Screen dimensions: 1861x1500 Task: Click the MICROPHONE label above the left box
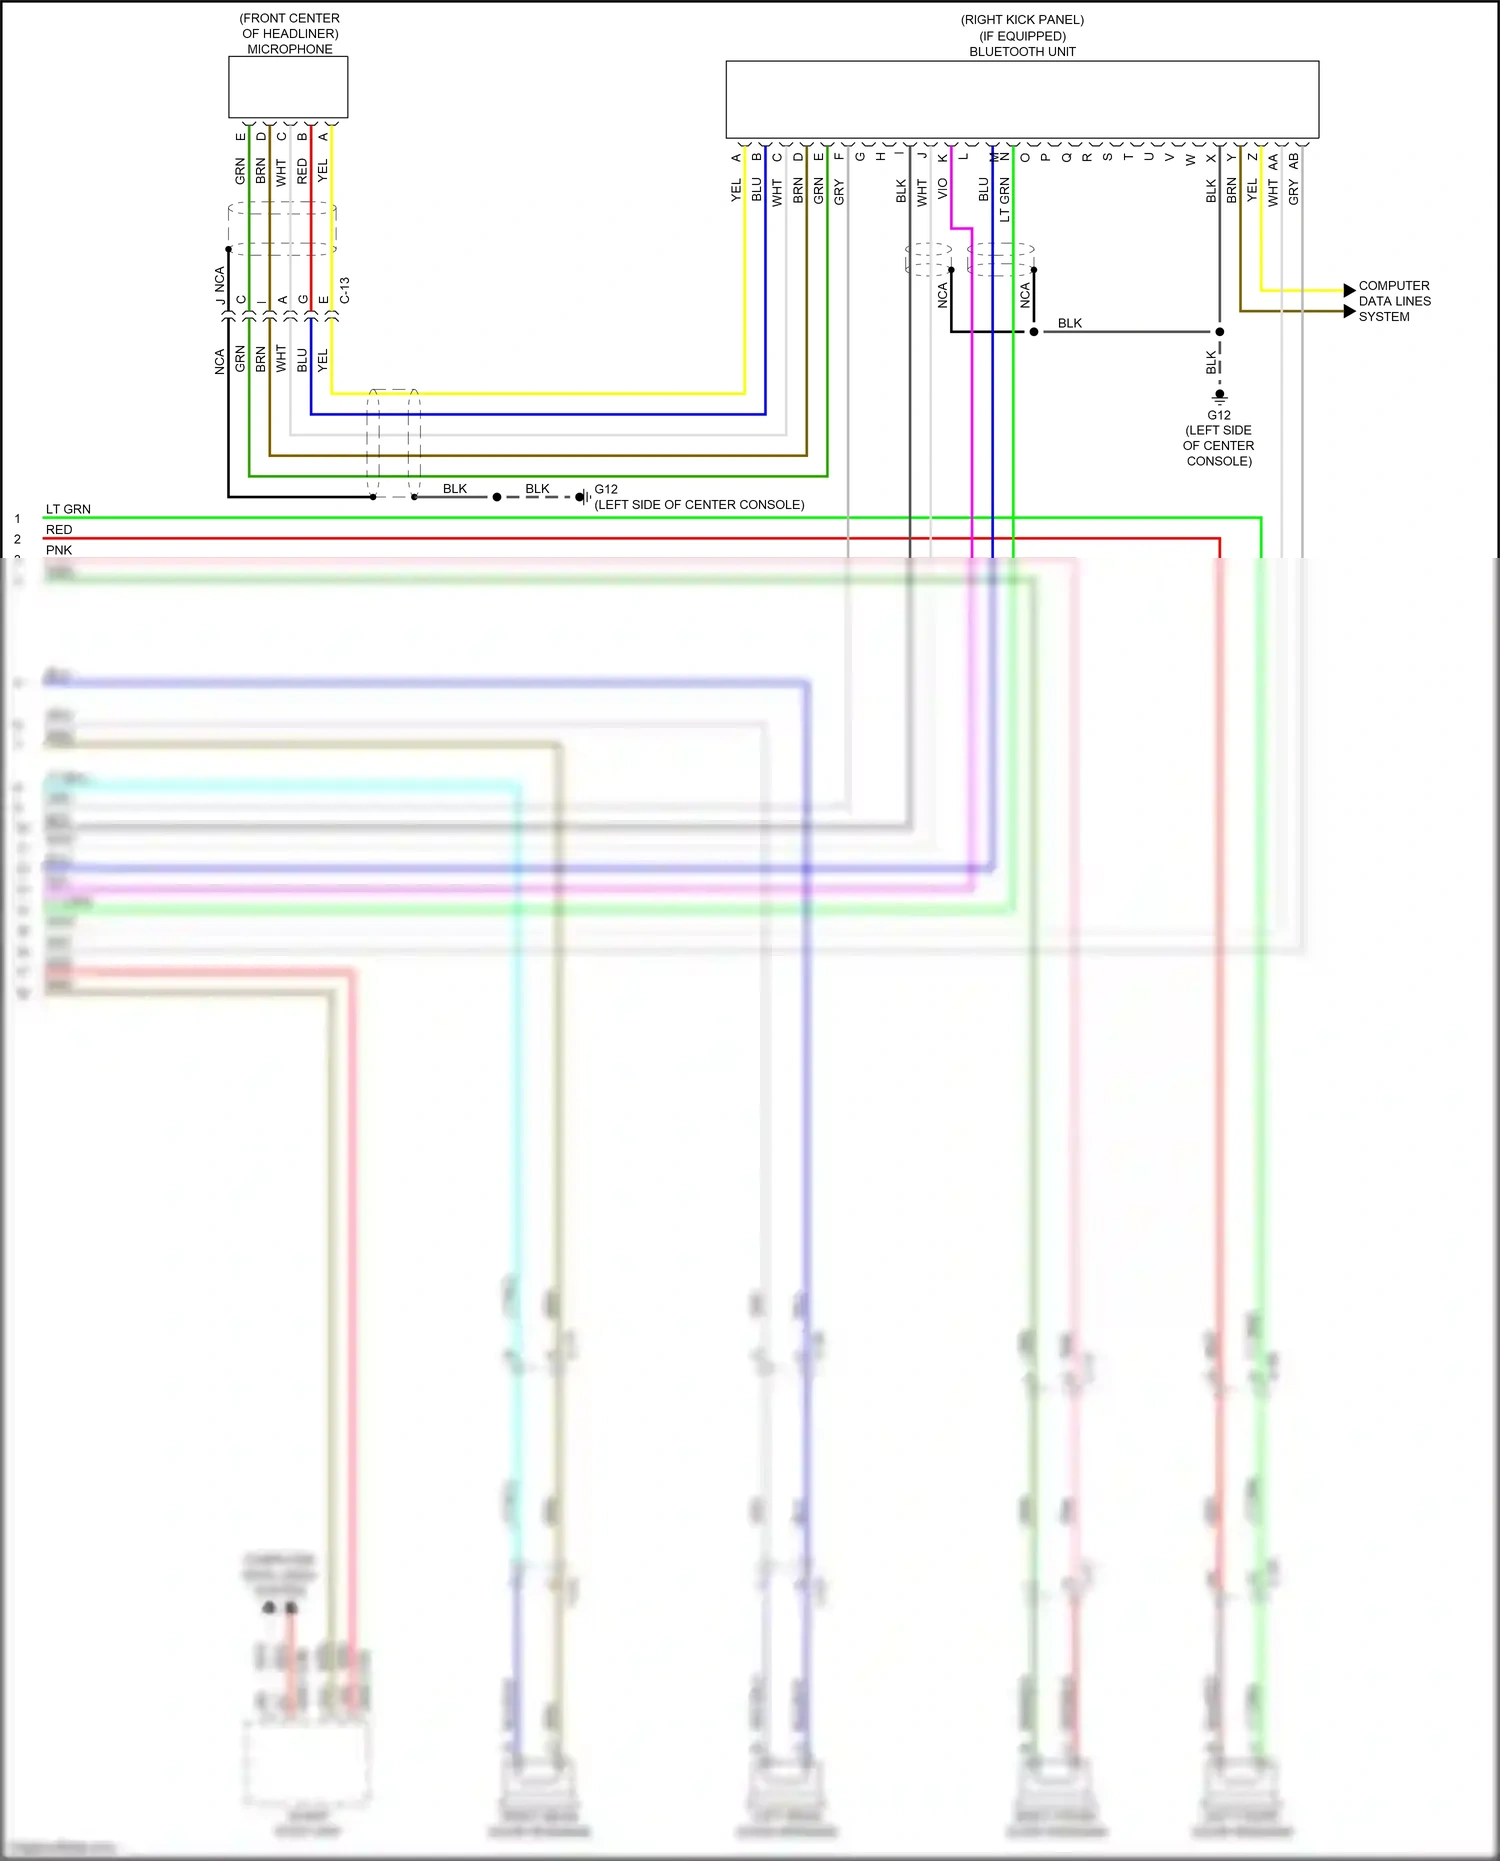[290, 49]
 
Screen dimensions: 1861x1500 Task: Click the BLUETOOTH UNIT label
[1022, 52]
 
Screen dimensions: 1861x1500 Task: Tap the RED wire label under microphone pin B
[302, 171]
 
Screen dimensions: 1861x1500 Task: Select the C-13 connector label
[345, 291]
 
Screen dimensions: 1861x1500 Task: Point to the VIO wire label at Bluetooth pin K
[942, 189]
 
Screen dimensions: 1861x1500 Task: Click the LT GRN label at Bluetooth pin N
[1004, 200]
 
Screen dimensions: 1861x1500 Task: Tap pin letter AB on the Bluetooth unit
[1294, 159]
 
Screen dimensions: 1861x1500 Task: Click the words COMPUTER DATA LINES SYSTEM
[1394, 301]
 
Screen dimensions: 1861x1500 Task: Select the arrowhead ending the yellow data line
[1349, 290]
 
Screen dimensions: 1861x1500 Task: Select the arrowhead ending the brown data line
[1349, 311]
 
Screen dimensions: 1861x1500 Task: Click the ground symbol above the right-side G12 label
[1219, 397]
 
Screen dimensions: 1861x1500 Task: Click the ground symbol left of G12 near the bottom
[583, 497]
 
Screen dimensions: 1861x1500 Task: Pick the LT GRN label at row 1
[68, 509]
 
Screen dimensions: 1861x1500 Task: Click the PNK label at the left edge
[59, 550]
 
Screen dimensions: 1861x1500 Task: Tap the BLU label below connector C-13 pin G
[302, 360]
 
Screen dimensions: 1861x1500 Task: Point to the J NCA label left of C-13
[220, 285]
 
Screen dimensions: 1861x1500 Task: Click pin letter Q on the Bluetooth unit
[1066, 158]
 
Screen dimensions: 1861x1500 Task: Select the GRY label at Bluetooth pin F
[838, 192]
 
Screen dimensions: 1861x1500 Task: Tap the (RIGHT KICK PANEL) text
[1022, 20]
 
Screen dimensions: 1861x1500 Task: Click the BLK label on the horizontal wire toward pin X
[1069, 323]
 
